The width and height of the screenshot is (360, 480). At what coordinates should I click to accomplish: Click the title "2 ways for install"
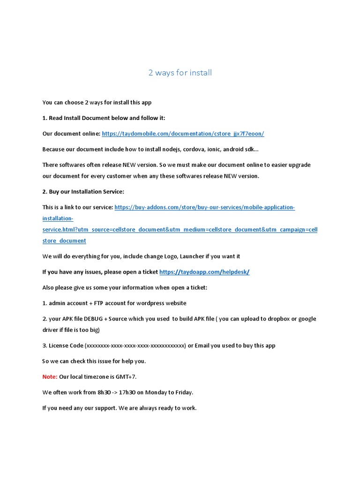click(180, 73)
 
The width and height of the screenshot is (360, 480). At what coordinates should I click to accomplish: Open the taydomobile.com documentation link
click(183, 134)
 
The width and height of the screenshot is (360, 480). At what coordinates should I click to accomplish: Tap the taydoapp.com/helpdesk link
click(204, 272)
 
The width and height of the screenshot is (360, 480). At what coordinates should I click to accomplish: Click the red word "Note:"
click(50, 377)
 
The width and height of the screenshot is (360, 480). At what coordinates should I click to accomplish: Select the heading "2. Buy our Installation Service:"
click(83, 192)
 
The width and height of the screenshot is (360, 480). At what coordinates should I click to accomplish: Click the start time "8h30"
click(91, 392)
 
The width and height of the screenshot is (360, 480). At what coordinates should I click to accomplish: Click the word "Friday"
click(183, 392)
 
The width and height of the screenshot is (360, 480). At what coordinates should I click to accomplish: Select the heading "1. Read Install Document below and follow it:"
click(104, 118)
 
